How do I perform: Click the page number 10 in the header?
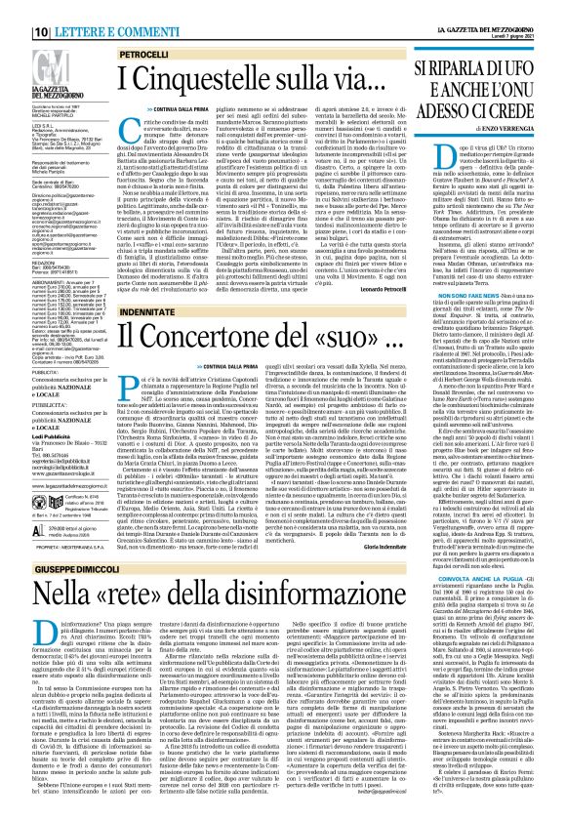point(18,9)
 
